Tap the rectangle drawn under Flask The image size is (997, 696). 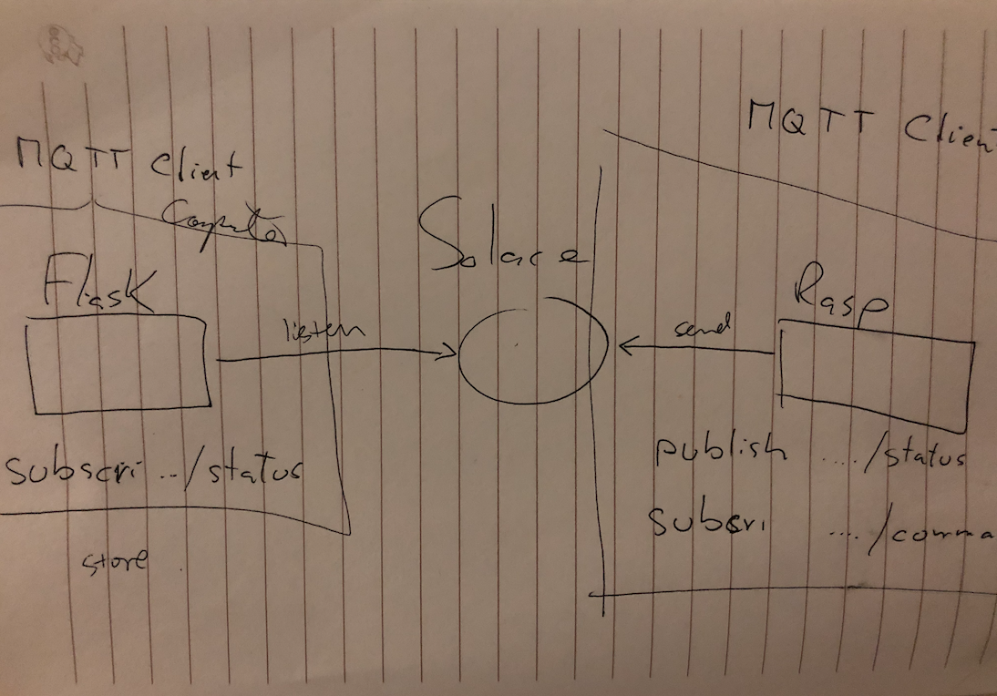click(118, 363)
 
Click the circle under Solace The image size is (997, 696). click(533, 349)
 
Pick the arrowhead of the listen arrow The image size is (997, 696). click(450, 352)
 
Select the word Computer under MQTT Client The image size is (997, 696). click(222, 223)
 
